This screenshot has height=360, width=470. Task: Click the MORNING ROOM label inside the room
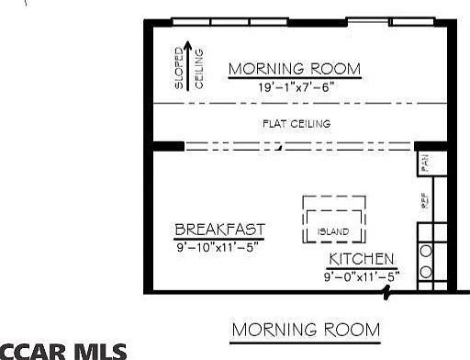(x=295, y=70)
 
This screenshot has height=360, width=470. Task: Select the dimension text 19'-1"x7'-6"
(x=295, y=87)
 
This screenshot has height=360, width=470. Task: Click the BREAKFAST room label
(x=220, y=230)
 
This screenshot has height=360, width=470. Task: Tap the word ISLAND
(x=334, y=231)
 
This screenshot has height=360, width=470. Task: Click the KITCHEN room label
(x=362, y=260)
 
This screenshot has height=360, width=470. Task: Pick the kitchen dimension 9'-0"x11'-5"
(x=362, y=276)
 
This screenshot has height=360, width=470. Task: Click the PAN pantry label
(x=425, y=163)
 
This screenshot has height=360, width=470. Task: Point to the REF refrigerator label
(x=425, y=203)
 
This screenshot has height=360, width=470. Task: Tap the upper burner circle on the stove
(x=426, y=250)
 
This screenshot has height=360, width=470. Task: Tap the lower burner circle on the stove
(x=426, y=271)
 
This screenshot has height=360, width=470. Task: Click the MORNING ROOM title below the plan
(x=305, y=330)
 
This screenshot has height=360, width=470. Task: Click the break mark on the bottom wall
(x=388, y=293)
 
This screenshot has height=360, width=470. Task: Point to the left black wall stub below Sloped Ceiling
(x=168, y=145)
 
